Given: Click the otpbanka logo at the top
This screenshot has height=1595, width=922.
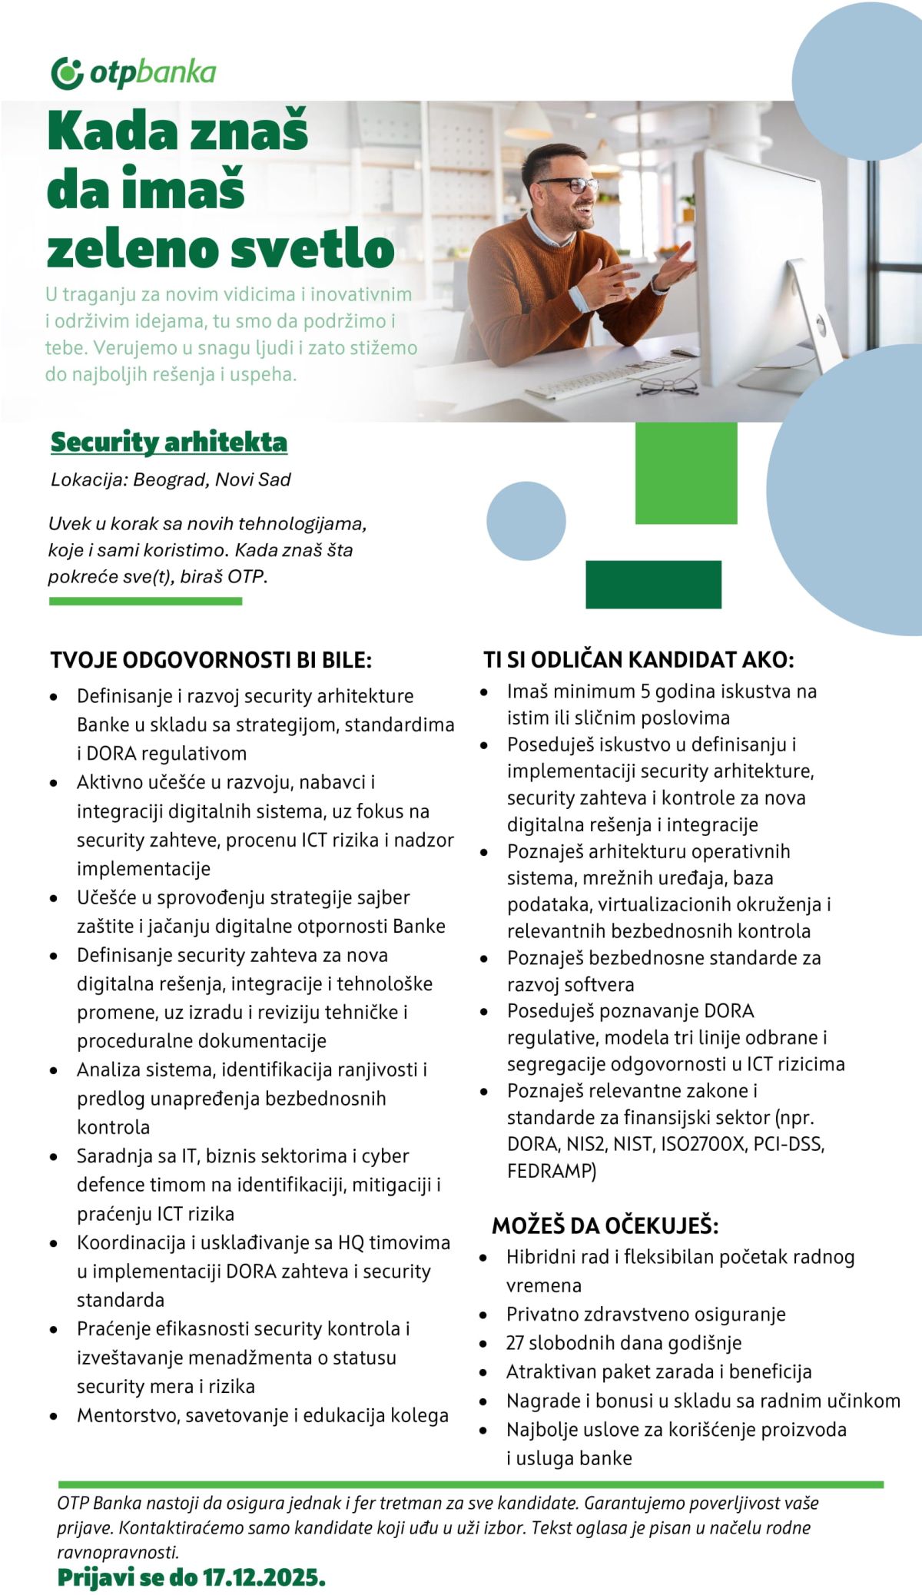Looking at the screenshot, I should click(133, 73).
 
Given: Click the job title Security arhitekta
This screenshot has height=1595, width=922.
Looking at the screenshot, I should click(169, 443).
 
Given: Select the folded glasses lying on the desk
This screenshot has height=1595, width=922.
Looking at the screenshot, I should click(667, 386).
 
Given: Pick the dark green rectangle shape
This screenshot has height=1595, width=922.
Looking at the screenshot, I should click(653, 585).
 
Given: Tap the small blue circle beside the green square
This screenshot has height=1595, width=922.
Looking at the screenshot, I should click(526, 521).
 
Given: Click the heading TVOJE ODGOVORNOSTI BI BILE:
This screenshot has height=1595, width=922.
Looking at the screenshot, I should click(211, 660).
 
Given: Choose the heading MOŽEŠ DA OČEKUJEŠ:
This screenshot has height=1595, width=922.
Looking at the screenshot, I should click(605, 1225).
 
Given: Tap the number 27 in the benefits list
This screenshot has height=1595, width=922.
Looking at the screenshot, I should click(515, 1343).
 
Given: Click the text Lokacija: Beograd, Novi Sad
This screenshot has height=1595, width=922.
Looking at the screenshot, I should click(171, 480).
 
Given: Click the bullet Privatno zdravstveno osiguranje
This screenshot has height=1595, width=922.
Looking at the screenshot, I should click(645, 1314).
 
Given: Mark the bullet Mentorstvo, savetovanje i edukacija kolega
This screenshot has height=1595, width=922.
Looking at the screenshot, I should click(262, 1415).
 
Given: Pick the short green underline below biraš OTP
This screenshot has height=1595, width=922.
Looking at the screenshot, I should click(145, 601).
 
